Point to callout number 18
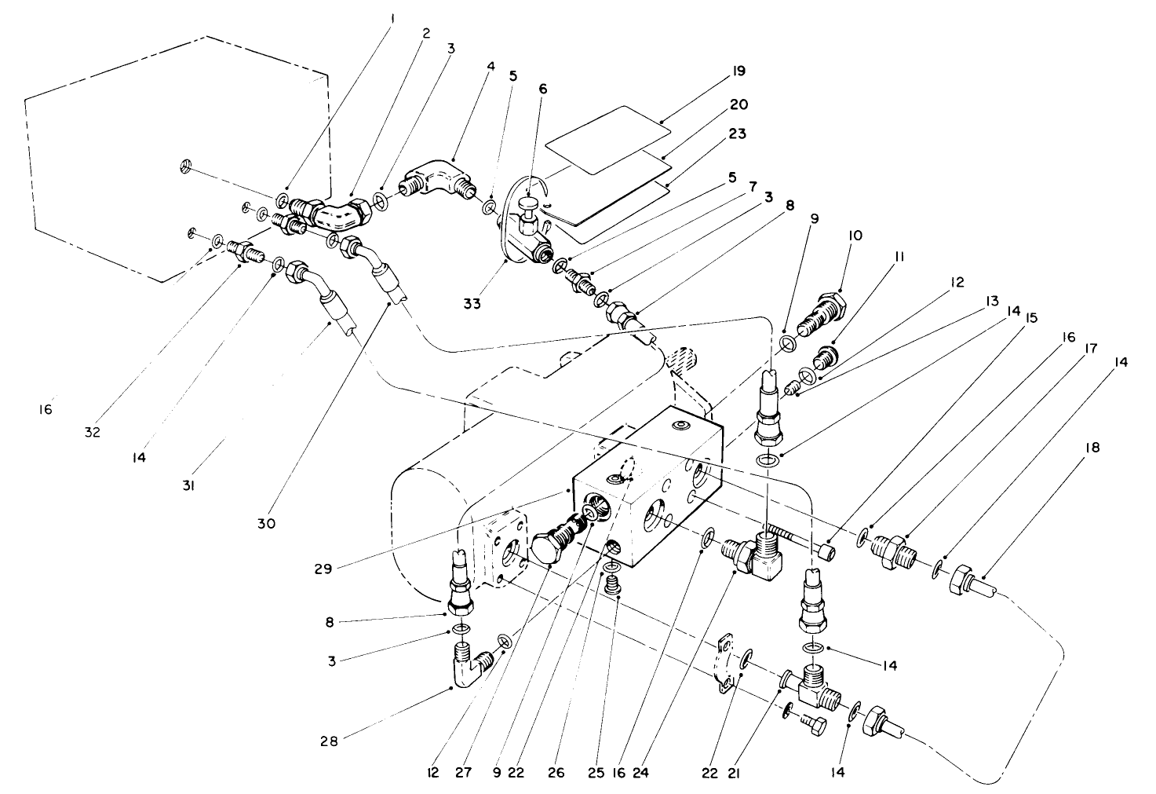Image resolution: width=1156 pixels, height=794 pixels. click(x=1093, y=448)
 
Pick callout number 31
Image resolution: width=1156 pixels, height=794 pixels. click(x=188, y=486)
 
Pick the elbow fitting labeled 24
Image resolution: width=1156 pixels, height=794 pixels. click(x=753, y=554)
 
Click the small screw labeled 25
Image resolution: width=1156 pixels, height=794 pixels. click(x=611, y=584)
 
